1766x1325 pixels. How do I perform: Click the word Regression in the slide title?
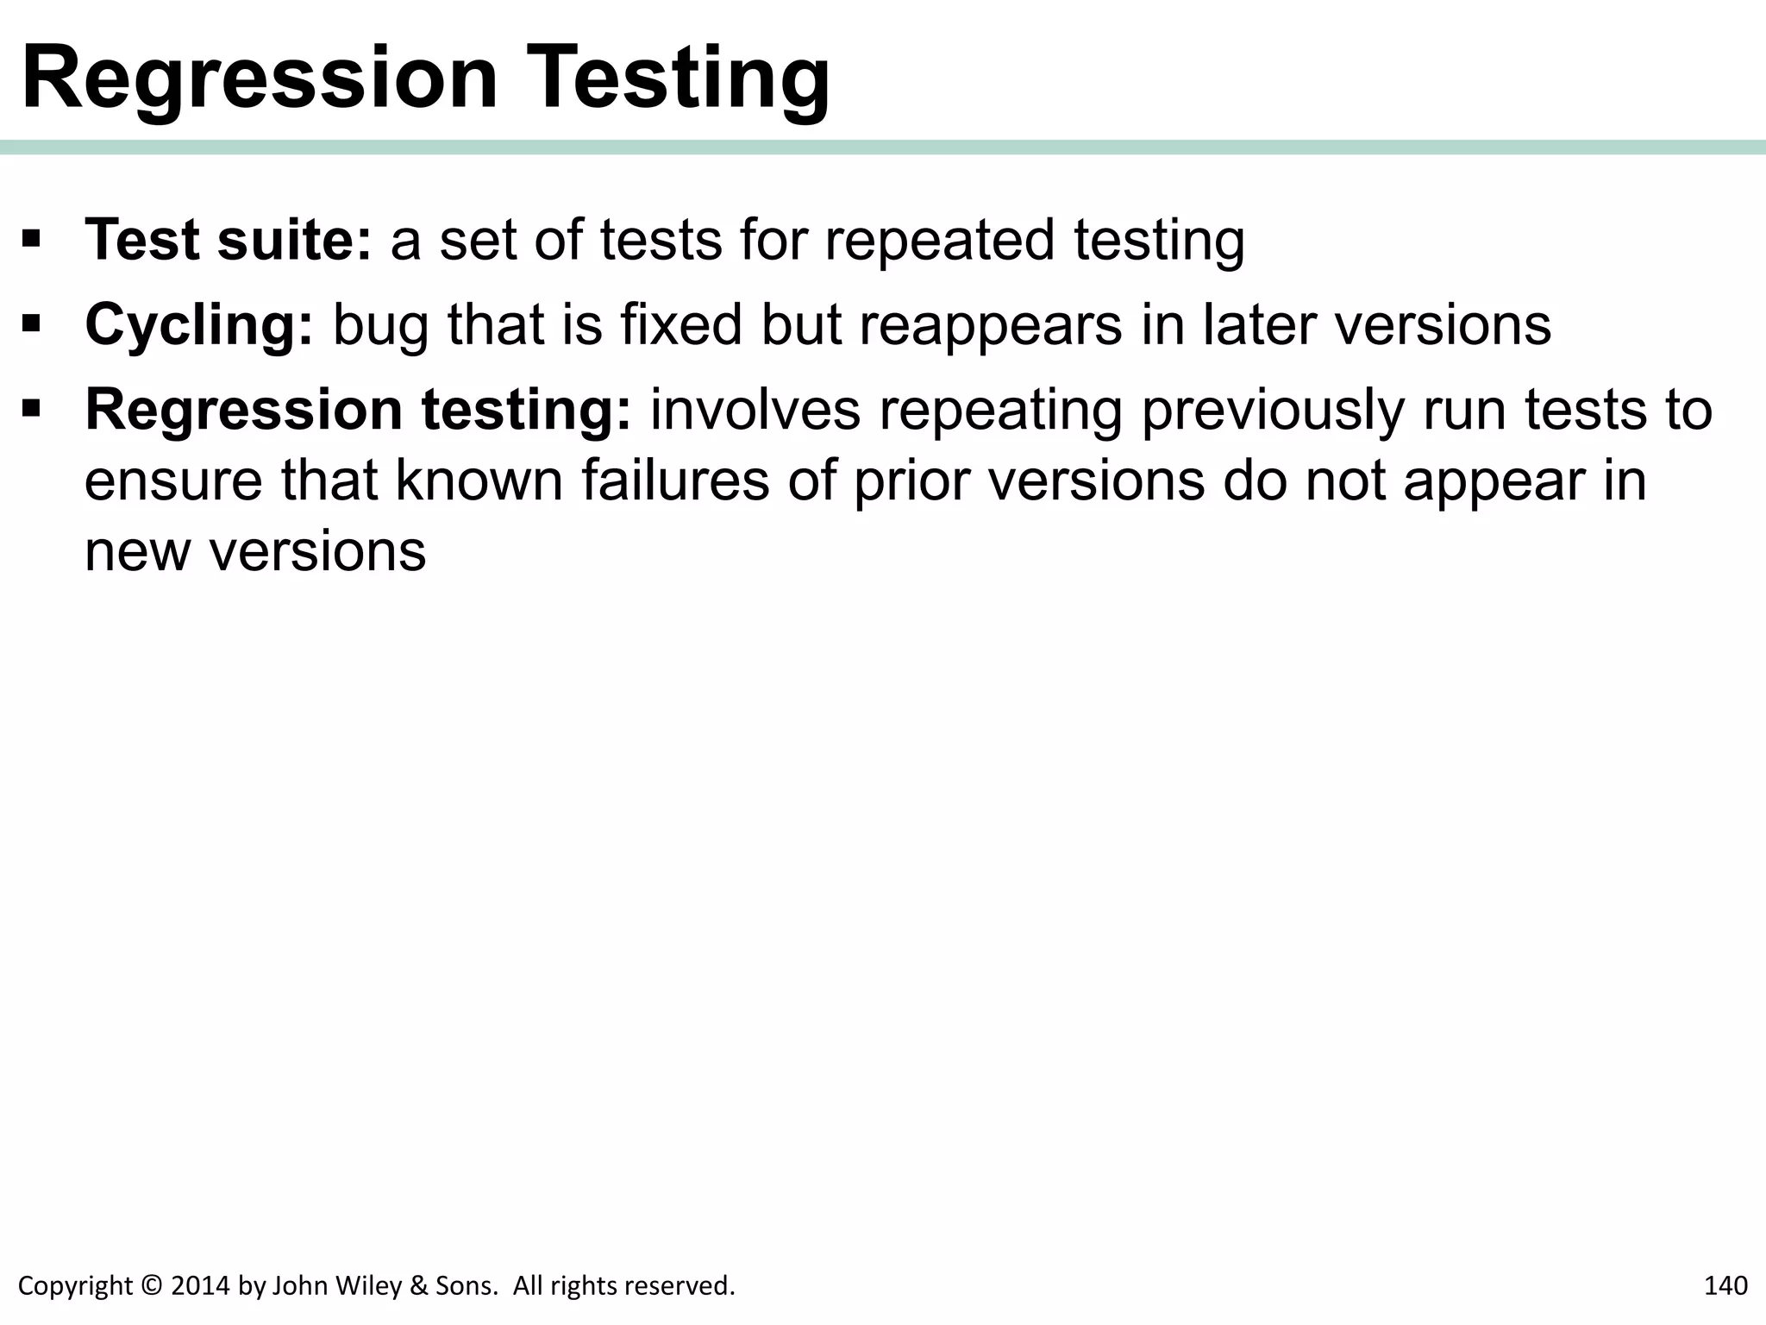[260, 79]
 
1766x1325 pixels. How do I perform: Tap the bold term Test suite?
[229, 239]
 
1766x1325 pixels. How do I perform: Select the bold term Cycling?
[199, 324]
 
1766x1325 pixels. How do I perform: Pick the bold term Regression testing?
[359, 409]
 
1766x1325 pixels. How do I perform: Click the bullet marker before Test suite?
[32, 238]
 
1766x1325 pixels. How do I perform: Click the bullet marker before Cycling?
[32, 323]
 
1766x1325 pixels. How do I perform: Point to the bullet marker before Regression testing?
[32, 408]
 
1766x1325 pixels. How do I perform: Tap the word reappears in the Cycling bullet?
[991, 326]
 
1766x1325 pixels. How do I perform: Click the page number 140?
[1725, 1285]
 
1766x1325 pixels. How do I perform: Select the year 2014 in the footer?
[200, 1285]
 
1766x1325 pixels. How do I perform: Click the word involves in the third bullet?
[755, 410]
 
